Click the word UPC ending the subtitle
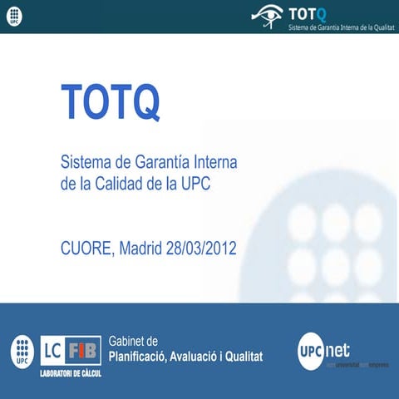[x=196, y=183]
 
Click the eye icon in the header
[x=267, y=15]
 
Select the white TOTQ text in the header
[x=308, y=12]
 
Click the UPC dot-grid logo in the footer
[x=22, y=352]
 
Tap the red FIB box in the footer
[x=85, y=348]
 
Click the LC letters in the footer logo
[x=52, y=348]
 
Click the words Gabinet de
[x=133, y=341]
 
